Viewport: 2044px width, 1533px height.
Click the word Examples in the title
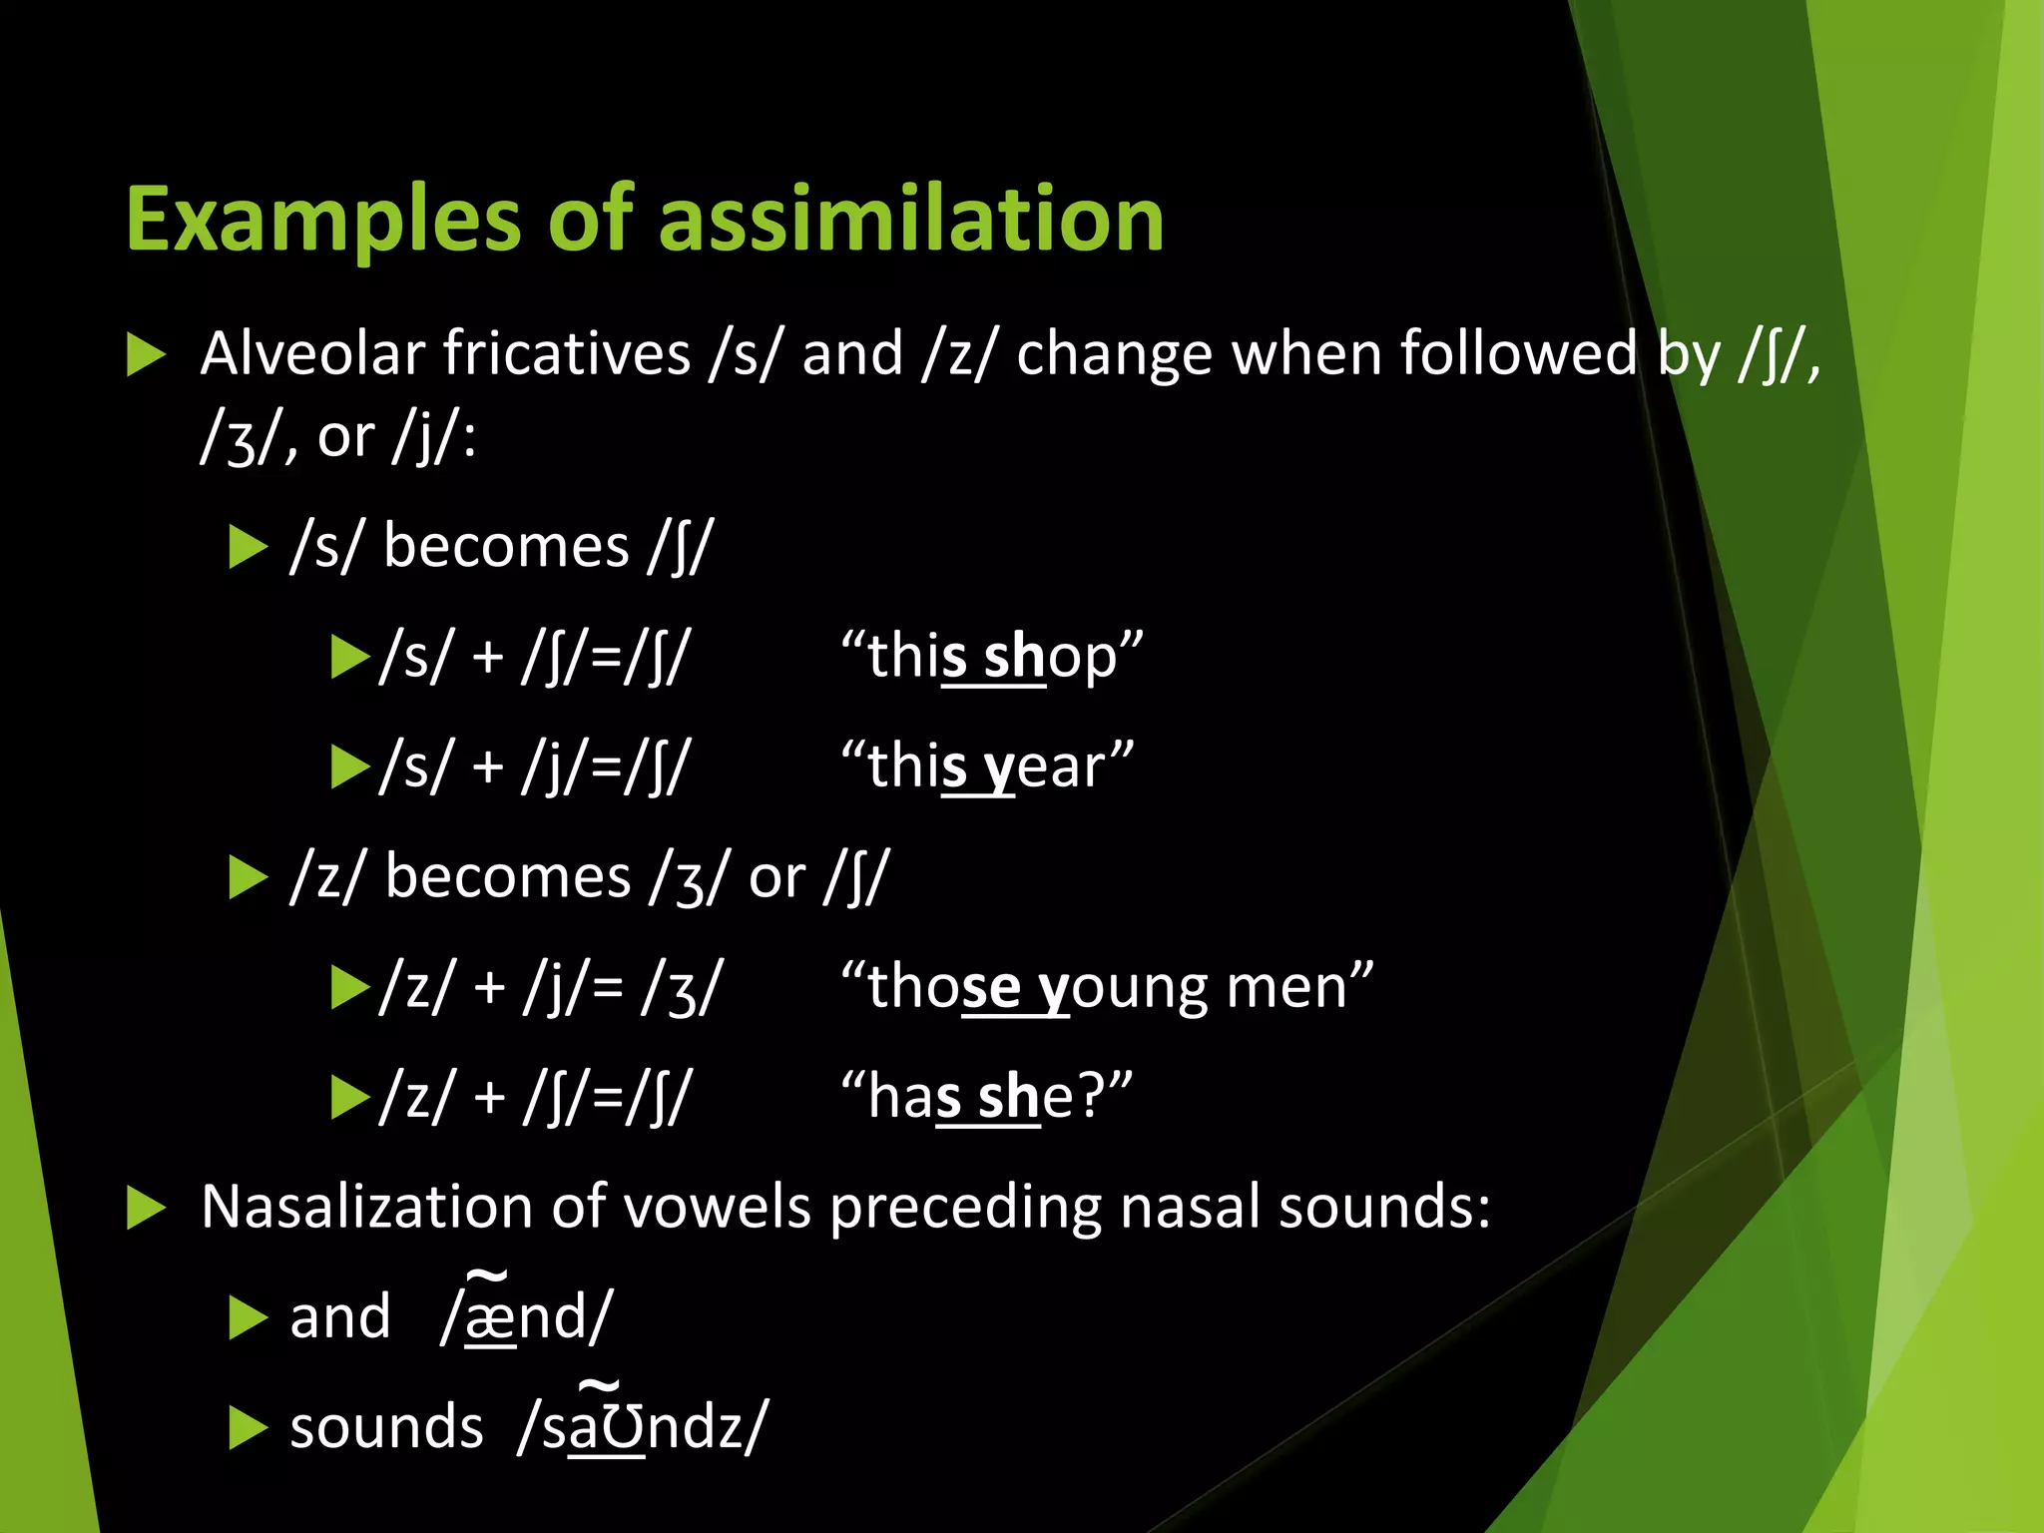tap(322, 222)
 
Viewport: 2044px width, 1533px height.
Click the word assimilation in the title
tap(910, 220)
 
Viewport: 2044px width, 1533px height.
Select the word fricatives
tap(567, 353)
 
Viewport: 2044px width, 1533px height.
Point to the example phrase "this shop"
tap(992, 657)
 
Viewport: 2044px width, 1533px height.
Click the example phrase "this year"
tap(987, 766)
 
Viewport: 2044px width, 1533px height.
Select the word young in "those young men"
tap(1121, 987)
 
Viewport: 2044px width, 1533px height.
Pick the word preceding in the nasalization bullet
tap(965, 1207)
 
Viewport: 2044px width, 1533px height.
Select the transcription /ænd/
tap(526, 1316)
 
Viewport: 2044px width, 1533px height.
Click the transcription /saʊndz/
tap(643, 1426)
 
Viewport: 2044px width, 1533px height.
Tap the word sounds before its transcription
tap(386, 1427)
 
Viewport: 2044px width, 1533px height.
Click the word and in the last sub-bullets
tap(339, 1317)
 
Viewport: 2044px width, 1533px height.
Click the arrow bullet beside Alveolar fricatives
tap(146, 355)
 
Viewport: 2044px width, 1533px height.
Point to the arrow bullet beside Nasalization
tap(146, 1209)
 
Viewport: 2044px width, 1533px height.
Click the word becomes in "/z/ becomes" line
tap(507, 877)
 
